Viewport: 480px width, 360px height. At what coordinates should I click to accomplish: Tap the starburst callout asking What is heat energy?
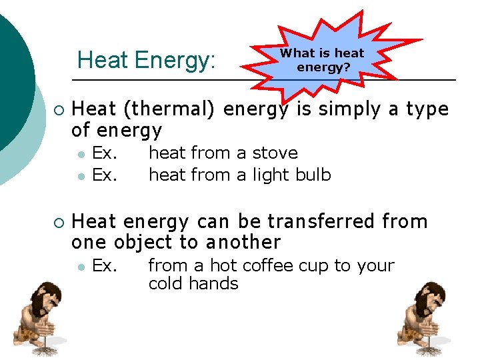click(x=322, y=60)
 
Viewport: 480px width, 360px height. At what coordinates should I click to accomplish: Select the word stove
click(x=275, y=153)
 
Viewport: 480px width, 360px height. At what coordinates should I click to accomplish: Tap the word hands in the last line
click(x=217, y=284)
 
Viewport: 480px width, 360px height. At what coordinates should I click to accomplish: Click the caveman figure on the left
click(x=37, y=319)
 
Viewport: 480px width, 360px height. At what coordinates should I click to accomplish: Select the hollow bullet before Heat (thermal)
click(x=59, y=109)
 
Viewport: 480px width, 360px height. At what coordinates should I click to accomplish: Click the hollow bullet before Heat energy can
click(x=59, y=221)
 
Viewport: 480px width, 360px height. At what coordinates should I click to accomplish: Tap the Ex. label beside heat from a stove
click(x=105, y=153)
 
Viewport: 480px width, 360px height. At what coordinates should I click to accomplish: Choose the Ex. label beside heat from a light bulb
click(x=105, y=175)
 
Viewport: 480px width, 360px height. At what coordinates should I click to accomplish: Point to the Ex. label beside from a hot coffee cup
click(x=105, y=265)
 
